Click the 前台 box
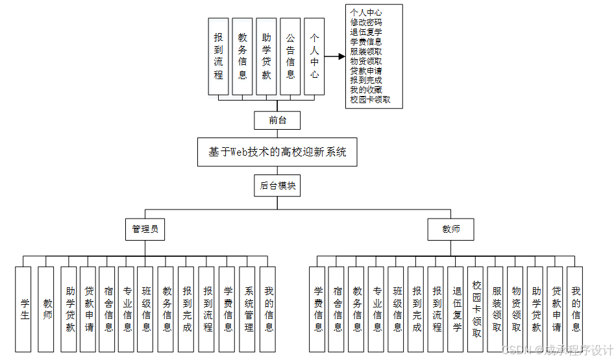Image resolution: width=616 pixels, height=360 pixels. (x=277, y=121)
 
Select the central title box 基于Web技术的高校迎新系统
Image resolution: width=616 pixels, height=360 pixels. (x=277, y=152)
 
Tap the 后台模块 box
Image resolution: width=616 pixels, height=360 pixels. (x=277, y=186)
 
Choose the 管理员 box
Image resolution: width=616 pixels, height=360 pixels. (x=145, y=229)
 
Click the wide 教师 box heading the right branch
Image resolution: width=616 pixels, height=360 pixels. (x=451, y=229)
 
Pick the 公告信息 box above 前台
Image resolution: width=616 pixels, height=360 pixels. (x=290, y=56)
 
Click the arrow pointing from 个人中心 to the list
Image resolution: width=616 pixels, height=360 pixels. (x=334, y=56)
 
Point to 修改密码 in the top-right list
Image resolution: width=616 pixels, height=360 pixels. (x=365, y=22)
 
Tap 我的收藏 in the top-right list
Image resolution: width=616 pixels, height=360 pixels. (x=365, y=90)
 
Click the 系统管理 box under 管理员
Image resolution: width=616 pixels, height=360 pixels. (x=249, y=308)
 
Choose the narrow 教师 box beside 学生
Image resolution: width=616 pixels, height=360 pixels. (x=47, y=308)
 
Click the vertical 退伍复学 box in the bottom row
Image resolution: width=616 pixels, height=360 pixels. (x=457, y=308)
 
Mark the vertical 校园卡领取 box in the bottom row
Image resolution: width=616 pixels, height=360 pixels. (x=477, y=308)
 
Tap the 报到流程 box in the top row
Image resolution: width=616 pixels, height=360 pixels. (x=219, y=56)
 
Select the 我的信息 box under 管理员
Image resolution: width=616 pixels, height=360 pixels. (x=269, y=308)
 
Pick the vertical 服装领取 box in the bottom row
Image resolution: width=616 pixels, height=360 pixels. (x=497, y=308)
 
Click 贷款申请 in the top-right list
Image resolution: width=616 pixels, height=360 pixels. (x=365, y=70)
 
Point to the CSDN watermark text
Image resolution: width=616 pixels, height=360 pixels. (x=558, y=349)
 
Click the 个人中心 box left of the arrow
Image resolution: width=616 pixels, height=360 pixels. (x=314, y=56)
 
